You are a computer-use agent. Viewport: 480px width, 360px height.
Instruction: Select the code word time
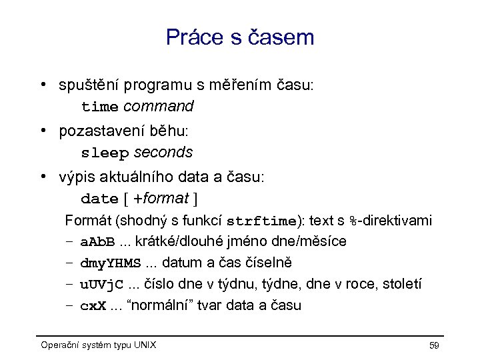[99, 107]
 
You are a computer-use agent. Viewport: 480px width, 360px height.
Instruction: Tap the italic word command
[159, 106]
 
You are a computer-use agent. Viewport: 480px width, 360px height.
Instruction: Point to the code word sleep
[105, 153]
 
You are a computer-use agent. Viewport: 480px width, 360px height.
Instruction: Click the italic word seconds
[163, 153]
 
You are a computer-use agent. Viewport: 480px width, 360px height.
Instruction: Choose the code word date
[99, 199]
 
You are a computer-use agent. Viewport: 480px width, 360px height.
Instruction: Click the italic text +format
[161, 199]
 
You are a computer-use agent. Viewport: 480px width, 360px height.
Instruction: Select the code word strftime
[261, 221]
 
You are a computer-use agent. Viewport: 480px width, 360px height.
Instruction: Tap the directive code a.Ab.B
[97, 241]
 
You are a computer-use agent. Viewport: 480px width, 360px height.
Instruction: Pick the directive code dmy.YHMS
[111, 263]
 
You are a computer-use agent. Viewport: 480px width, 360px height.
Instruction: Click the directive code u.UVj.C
[101, 285]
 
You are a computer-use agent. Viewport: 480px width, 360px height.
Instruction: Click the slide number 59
[434, 345]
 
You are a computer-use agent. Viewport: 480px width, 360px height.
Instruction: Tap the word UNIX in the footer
[144, 345]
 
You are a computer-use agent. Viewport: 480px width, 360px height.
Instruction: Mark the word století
[401, 285]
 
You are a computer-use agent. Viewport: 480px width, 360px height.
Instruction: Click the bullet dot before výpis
[42, 177]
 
